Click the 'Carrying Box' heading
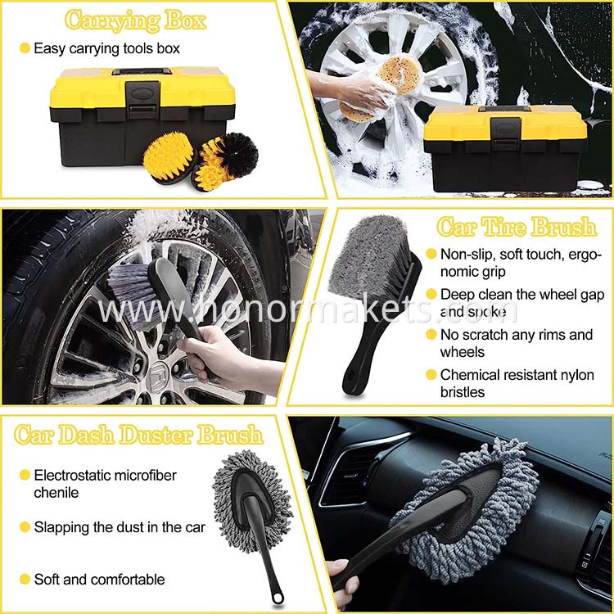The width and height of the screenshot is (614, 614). pos(135,20)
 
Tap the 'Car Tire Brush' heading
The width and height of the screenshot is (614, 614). pos(517,227)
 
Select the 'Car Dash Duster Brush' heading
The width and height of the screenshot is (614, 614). pos(138,435)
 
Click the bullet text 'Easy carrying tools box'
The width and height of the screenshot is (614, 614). pos(106,48)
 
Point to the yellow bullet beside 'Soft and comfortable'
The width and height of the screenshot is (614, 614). pos(25,579)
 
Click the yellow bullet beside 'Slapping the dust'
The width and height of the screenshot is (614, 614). pos(25,527)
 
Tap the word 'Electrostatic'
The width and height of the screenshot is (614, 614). pos(70,475)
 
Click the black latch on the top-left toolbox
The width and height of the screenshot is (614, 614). pos(142,99)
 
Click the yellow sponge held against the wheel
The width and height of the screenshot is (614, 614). pos(400,74)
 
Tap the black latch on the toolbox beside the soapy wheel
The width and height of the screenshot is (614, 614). pos(506,133)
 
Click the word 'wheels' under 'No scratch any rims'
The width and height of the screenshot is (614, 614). pos(462,352)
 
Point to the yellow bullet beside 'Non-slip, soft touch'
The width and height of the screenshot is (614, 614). pos(431,254)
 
